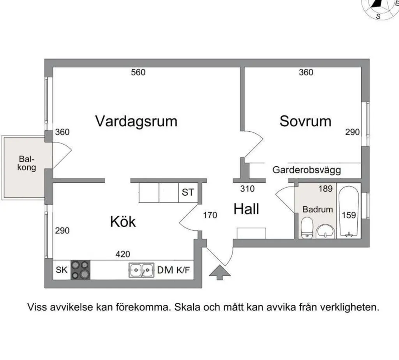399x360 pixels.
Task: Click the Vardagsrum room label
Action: pyautogui.click(x=136, y=121)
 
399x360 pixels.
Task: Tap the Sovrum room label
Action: pyautogui.click(x=305, y=121)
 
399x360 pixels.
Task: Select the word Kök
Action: pyautogui.click(x=123, y=222)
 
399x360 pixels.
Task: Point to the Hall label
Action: pyautogui.click(x=246, y=209)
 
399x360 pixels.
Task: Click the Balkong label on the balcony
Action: pyautogui.click(x=27, y=164)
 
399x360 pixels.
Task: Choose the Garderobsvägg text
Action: pyautogui.click(x=307, y=170)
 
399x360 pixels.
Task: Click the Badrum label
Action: pyautogui.click(x=318, y=209)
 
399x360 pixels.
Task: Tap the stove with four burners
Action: pyautogui.click(x=80, y=269)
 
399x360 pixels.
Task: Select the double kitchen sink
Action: pyautogui.click(x=141, y=270)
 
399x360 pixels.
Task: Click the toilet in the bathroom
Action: pyautogui.click(x=307, y=227)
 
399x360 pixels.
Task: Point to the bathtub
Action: pyautogui.click(x=349, y=212)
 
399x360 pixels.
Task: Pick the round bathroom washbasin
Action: pyautogui.click(x=325, y=231)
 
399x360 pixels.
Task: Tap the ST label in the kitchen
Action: pyautogui.click(x=188, y=192)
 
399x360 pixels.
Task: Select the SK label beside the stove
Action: pyautogui.click(x=62, y=270)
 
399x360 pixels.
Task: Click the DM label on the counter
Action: pyautogui.click(x=165, y=270)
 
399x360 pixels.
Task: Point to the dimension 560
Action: pyautogui.click(x=138, y=72)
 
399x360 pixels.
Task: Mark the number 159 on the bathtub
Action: pyautogui.click(x=349, y=215)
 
